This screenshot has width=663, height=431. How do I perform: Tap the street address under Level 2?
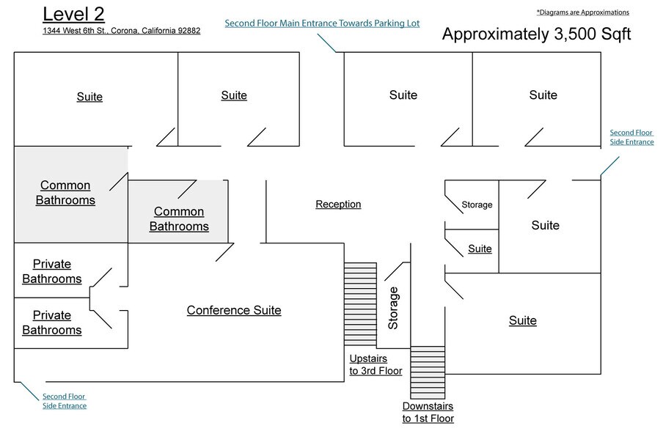click(x=122, y=31)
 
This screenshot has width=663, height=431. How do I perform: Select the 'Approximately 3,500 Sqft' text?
click(x=535, y=34)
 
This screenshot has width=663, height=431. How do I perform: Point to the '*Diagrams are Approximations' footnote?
click(x=582, y=12)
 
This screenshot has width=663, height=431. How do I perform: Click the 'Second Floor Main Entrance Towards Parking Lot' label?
click(x=322, y=23)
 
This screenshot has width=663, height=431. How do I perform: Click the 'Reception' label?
click(x=338, y=205)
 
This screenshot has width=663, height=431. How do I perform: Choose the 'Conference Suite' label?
click(x=234, y=310)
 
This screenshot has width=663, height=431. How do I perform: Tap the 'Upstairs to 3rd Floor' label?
click(x=376, y=365)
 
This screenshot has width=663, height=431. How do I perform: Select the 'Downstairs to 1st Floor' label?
click(x=428, y=412)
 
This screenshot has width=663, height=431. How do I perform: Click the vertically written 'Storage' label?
click(x=393, y=308)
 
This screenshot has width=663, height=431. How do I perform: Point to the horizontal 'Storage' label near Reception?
click(x=477, y=205)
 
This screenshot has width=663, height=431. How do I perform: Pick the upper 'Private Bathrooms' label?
click(x=51, y=271)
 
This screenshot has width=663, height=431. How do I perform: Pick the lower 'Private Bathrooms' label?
click(x=51, y=323)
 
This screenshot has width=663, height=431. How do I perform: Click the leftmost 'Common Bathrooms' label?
click(x=65, y=193)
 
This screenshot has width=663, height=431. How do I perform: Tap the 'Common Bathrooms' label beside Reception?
click(x=179, y=219)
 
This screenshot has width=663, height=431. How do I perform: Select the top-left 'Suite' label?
click(x=89, y=97)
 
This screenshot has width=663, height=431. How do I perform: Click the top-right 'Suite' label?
click(x=543, y=95)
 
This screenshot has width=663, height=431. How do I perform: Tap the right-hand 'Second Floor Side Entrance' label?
click(x=631, y=137)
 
